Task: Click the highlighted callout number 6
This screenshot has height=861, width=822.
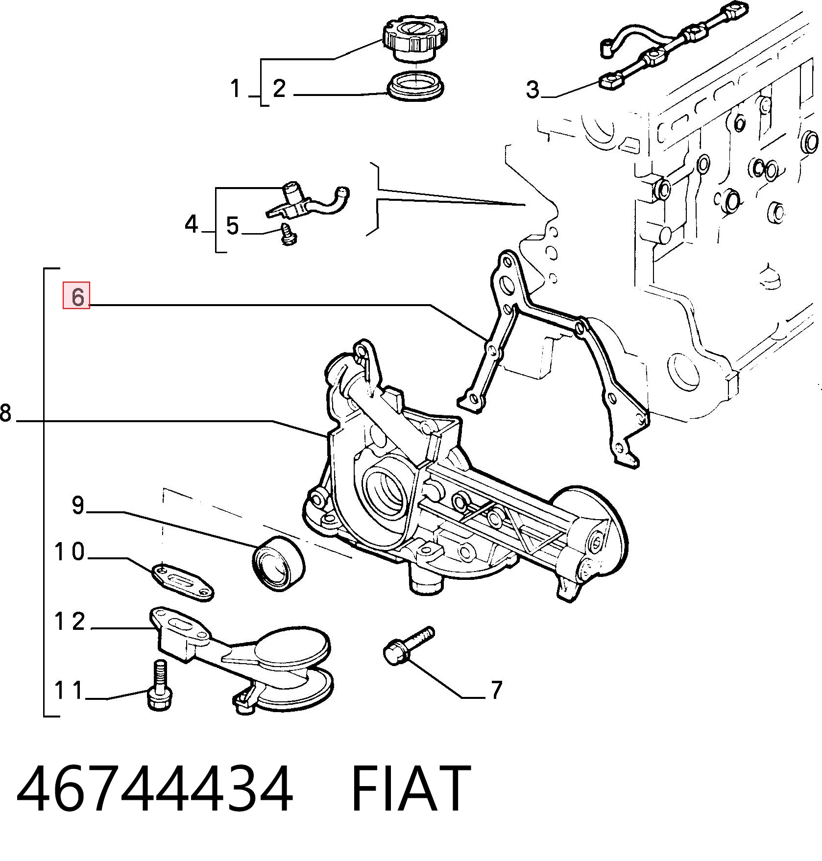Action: point(76,296)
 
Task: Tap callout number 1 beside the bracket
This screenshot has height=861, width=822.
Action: point(236,89)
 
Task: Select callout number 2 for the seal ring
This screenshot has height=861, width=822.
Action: point(279,89)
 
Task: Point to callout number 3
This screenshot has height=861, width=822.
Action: point(532,89)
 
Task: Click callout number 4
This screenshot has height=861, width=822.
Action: point(192,224)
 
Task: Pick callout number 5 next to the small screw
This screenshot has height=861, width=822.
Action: point(232,226)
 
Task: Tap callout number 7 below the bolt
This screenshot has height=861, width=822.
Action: point(496,690)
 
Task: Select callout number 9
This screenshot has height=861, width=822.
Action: point(78,505)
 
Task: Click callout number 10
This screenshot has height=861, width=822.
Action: point(70,552)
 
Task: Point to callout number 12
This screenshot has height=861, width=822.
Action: point(70,622)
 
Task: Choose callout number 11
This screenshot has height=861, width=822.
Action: point(69,691)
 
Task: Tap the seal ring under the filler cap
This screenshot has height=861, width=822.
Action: point(416,86)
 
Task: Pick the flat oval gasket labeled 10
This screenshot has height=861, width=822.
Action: point(182,582)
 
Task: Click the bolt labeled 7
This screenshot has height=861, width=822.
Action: point(408,645)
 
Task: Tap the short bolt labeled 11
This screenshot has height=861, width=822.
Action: point(160,685)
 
